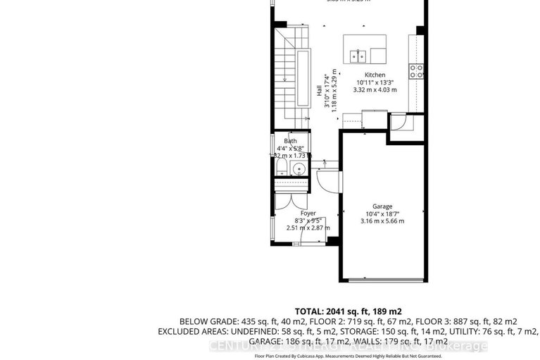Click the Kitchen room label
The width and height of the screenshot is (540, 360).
click(375, 75)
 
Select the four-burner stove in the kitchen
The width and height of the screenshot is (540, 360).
click(416, 70)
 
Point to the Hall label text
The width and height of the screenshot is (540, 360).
click(319, 91)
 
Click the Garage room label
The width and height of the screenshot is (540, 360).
click(384, 206)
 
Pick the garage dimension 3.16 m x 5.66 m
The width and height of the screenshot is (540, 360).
click(384, 221)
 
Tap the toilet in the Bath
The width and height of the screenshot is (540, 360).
click(282, 168)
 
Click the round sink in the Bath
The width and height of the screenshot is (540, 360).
click(299, 169)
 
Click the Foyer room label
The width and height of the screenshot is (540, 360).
click(308, 213)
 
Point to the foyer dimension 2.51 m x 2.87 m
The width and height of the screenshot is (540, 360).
click(308, 228)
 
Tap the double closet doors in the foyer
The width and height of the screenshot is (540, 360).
click(291, 199)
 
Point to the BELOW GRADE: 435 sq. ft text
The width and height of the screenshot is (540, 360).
click(234, 321)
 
